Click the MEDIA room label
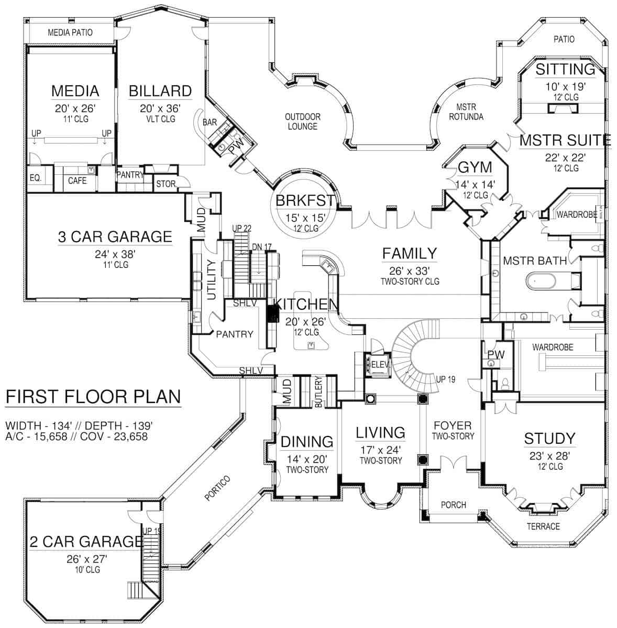coord(75,91)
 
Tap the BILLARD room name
coord(160,91)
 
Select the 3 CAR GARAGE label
coord(115,237)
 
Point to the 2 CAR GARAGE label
coord(86,541)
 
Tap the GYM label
coord(475,167)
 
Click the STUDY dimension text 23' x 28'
coord(549,455)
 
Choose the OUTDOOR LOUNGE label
coord(303,121)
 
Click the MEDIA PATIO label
coord(70,32)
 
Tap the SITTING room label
coord(558,69)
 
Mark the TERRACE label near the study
coord(544,526)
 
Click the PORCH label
coord(454,504)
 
